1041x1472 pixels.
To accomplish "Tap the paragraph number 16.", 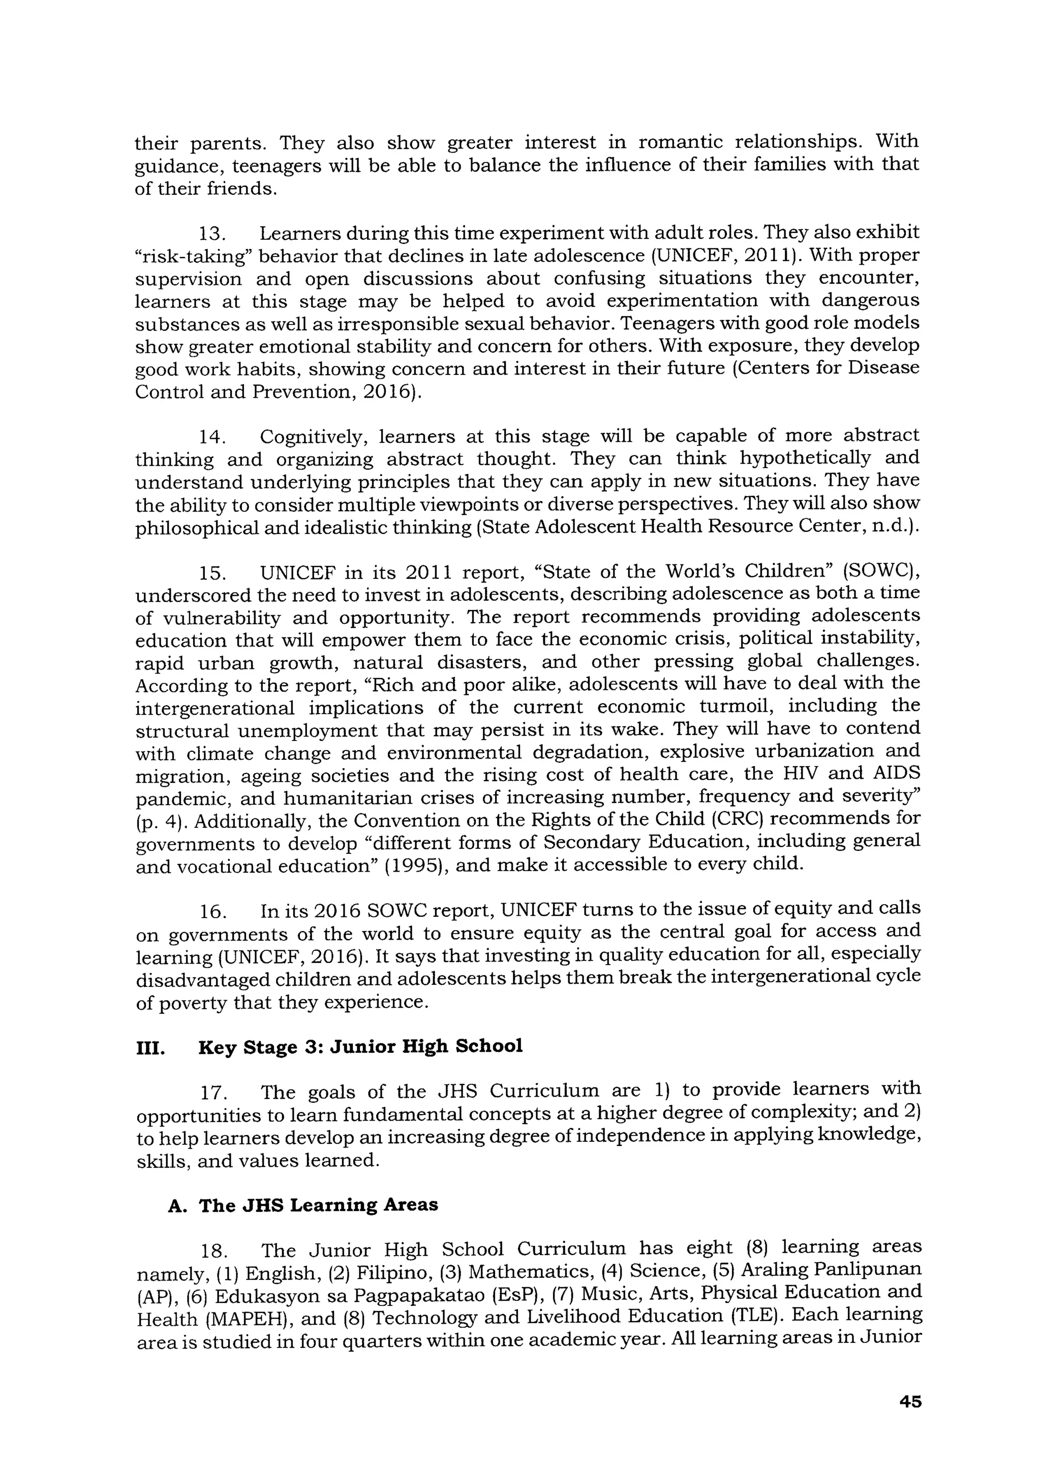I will coord(212,912).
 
